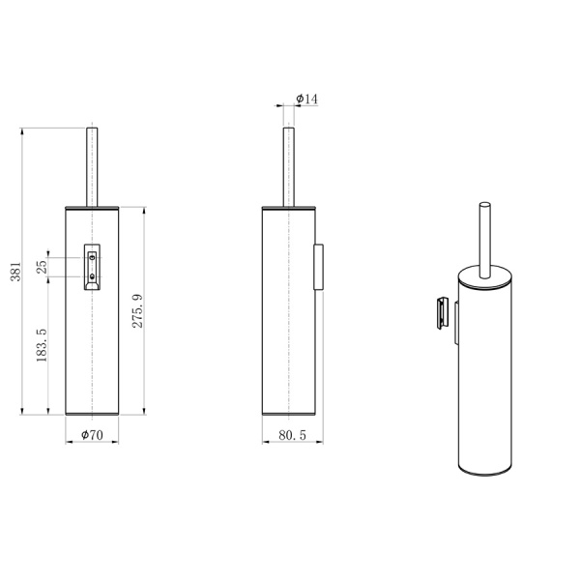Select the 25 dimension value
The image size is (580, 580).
(x=43, y=267)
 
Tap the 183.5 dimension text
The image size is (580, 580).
(x=43, y=346)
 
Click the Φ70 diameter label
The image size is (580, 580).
(x=92, y=435)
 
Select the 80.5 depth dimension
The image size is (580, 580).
(x=292, y=435)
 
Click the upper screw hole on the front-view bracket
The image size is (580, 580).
(x=93, y=255)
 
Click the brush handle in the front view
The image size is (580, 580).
(x=93, y=164)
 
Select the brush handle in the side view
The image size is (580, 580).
(x=287, y=164)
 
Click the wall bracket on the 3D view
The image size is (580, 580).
(x=440, y=314)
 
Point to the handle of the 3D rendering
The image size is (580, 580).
(x=485, y=237)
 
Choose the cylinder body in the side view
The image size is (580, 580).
(x=287, y=319)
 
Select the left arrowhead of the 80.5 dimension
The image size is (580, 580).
(x=266, y=442)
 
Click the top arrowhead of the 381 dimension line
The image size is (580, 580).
(x=24, y=130)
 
